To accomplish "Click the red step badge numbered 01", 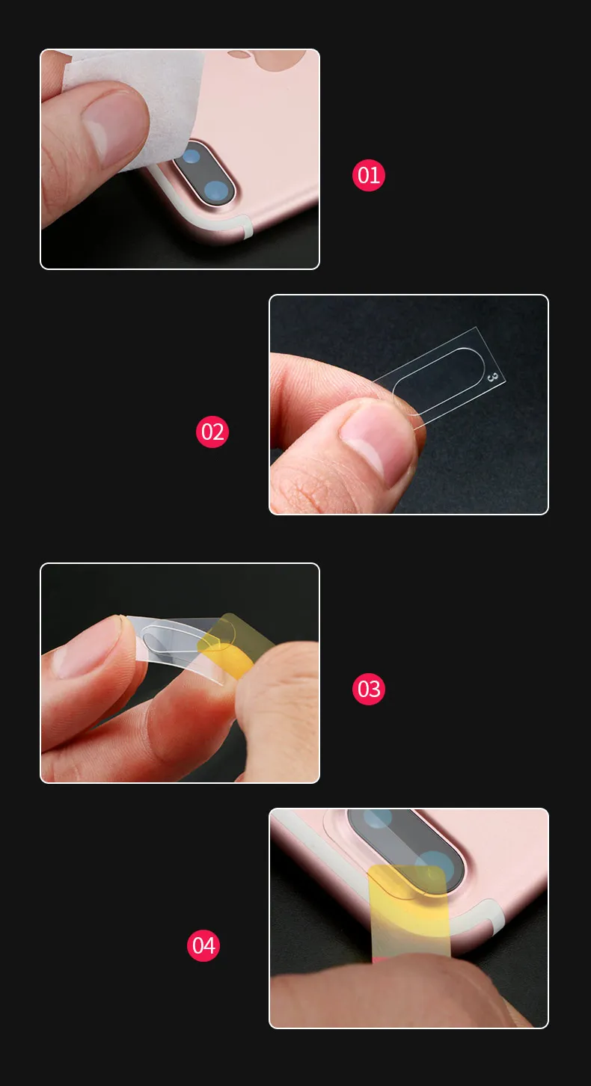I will click(x=368, y=176).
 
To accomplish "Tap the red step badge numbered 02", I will click(x=212, y=432).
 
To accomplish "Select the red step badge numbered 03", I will click(x=368, y=689).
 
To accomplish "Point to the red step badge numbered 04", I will click(x=203, y=945).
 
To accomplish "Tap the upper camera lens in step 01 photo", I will click(x=192, y=156).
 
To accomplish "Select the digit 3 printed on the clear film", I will click(x=491, y=377).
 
